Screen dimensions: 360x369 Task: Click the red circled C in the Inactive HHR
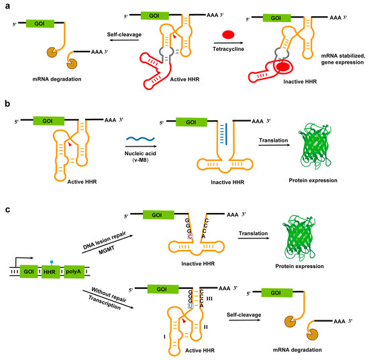coord(172,237)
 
